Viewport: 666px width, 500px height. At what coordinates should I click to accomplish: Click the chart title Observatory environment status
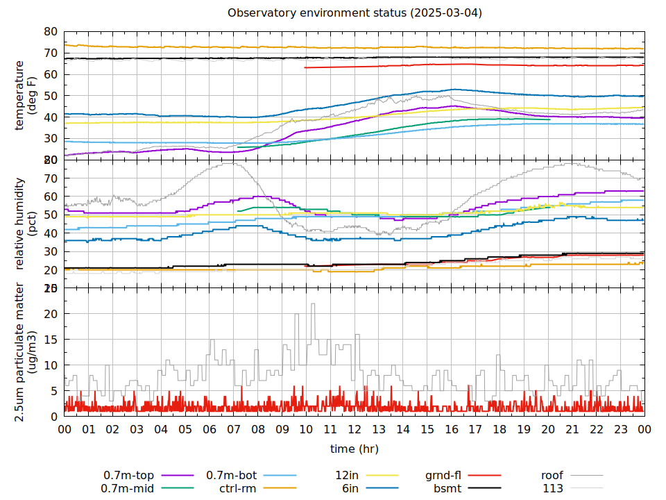pos(355,12)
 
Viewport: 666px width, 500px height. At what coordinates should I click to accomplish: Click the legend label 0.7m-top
pos(129,476)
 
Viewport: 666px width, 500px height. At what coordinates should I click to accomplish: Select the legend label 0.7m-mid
pos(129,488)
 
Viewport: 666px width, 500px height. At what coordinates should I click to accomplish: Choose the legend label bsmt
pos(447,488)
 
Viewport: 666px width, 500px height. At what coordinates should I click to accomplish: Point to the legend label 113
pos(552,488)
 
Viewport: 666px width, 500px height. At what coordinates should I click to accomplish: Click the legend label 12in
pos(348,476)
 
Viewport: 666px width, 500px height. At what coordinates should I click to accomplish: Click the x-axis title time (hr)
pos(355,449)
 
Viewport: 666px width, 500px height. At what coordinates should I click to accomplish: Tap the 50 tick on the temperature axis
pos(50,96)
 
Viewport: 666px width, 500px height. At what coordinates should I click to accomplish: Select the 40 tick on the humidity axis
pos(50,233)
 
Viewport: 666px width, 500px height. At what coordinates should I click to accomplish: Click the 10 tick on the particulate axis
pos(50,365)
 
